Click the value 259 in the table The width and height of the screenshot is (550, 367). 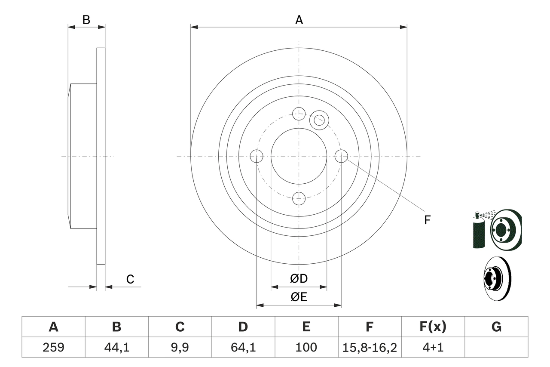[53, 347]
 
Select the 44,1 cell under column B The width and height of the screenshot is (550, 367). [116, 347]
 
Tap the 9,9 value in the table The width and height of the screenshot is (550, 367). [180, 347]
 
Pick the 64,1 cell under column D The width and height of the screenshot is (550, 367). [243, 347]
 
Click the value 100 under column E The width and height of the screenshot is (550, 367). [306, 347]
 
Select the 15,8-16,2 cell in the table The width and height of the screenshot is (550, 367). [370, 347]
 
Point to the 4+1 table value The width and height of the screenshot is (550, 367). [433, 347]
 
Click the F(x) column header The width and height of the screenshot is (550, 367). [433, 327]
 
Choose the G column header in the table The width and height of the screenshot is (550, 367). [496, 327]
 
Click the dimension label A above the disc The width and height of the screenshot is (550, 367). [299, 20]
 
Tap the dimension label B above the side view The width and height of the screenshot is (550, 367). [86, 20]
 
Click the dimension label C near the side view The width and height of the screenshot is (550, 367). [130, 280]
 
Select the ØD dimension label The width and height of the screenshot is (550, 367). [299, 279]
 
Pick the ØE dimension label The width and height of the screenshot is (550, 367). [299, 297]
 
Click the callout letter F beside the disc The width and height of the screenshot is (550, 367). [427, 220]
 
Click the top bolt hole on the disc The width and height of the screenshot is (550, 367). [299, 114]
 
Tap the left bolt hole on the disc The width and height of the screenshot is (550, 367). [257, 156]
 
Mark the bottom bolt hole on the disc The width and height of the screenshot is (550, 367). [299, 198]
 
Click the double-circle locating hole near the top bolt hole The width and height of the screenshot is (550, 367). [319, 120]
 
